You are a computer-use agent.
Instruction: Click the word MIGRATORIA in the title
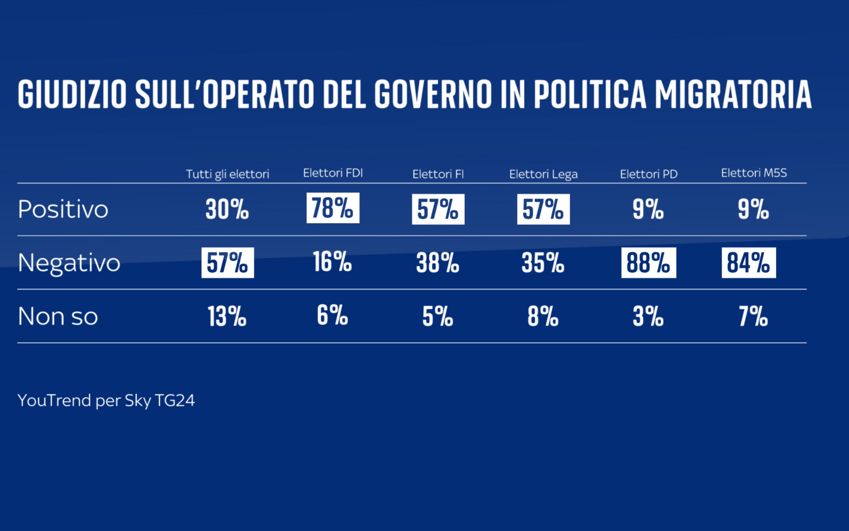click(733, 95)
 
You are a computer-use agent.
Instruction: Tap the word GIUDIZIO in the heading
click(72, 95)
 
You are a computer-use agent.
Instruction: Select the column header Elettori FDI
click(333, 173)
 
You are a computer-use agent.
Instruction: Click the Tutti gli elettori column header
click(227, 174)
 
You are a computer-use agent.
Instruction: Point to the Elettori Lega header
click(543, 174)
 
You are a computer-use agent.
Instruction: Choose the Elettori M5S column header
click(753, 173)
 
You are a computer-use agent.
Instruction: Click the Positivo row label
click(63, 209)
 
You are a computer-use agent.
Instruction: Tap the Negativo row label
click(69, 263)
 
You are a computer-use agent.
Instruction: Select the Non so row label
click(58, 316)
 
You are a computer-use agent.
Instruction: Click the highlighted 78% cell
click(333, 208)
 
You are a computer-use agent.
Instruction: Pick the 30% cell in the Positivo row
click(227, 209)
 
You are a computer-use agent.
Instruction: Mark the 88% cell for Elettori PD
click(648, 263)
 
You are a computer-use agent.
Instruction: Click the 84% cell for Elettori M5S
click(748, 263)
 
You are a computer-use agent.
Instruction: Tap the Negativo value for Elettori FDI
click(332, 262)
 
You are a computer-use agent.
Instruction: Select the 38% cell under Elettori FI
click(438, 263)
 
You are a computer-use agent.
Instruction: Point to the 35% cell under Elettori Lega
click(543, 263)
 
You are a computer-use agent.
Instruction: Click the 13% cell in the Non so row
click(227, 316)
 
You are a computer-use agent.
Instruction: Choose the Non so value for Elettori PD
click(648, 316)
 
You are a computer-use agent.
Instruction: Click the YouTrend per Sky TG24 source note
click(106, 400)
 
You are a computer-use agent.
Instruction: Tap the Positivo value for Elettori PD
click(648, 209)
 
